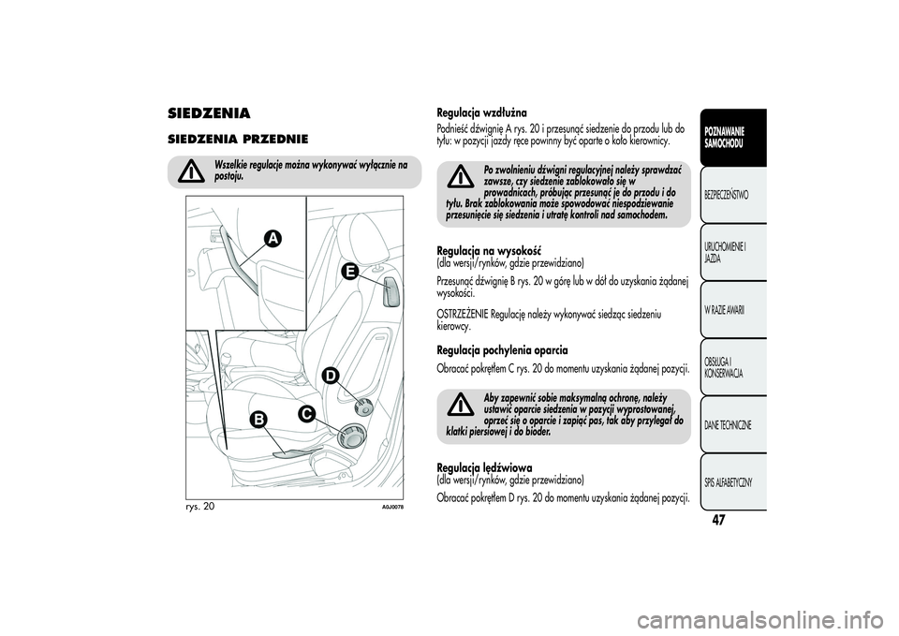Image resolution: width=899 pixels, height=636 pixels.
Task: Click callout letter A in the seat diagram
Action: pyautogui.click(x=272, y=239)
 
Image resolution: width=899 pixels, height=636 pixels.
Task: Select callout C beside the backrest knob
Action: pyautogui.click(x=306, y=413)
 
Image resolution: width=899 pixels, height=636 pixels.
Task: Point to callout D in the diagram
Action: pyautogui.click(x=331, y=377)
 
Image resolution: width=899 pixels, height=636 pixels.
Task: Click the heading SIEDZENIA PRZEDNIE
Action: pyautogui.click(x=231, y=139)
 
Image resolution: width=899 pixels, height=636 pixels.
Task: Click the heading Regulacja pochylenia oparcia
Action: pyautogui.click(x=502, y=349)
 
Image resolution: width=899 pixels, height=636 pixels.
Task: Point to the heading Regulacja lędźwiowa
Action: pyautogui.click(x=484, y=466)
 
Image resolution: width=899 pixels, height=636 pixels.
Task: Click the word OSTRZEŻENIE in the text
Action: pyautogui.click(x=464, y=315)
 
